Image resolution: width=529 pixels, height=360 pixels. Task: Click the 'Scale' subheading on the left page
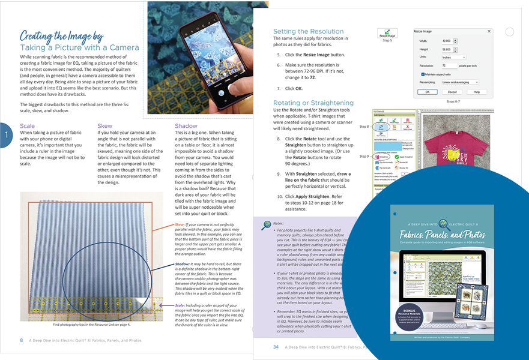pos(28,126)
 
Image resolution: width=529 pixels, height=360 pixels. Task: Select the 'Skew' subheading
pos(104,126)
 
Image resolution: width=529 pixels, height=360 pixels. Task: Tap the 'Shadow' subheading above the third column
pos(186,126)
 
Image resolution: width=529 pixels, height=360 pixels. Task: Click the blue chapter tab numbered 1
pos(6,135)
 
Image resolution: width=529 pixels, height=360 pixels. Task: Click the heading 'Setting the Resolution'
pos(308,32)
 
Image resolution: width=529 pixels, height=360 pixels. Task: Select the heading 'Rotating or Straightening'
pos(313,103)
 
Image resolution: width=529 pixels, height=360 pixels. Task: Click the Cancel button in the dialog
pos(452,92)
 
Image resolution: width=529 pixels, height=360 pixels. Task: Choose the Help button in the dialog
pos(476,92)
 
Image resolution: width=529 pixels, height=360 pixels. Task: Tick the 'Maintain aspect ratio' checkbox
pos(424,74)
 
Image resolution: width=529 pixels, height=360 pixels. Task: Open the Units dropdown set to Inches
pos(454,58)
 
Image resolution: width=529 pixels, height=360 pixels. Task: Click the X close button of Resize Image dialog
pos(489,31)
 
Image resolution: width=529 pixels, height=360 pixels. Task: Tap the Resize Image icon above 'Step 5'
pos(387,33)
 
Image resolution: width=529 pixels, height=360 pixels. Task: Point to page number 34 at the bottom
pos(276,347)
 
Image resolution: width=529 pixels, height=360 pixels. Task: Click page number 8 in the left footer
pos(22,340)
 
